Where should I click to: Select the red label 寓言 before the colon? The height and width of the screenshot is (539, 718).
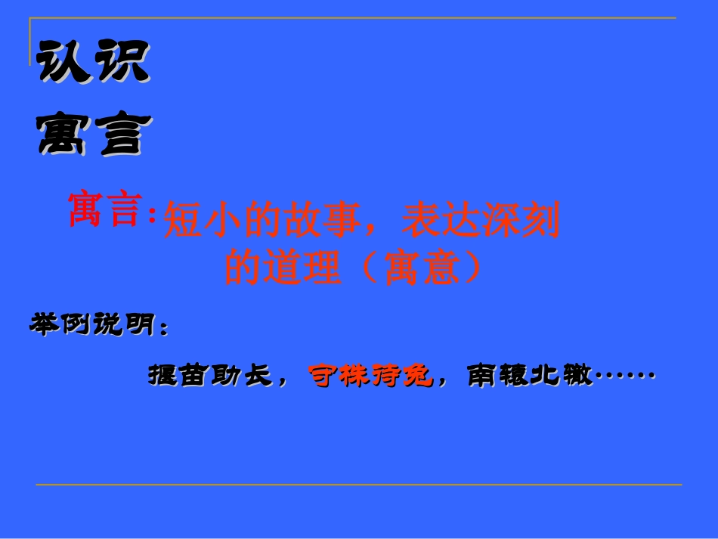tap(105, 209)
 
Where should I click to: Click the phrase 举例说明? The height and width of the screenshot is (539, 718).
tap(91, 325)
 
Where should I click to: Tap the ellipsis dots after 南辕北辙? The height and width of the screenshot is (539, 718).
tap(624, 374)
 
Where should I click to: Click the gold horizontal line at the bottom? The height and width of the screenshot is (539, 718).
tap(359, 485)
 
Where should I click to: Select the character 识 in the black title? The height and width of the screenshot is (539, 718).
tap(122, 64)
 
